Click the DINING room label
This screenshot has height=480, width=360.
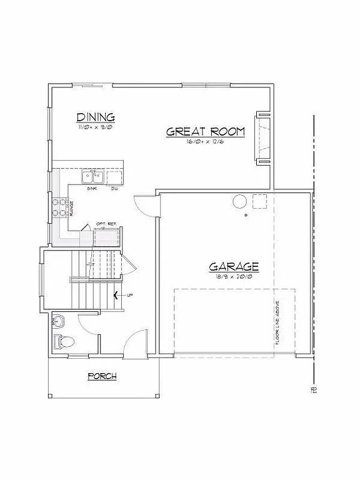coord(96,117)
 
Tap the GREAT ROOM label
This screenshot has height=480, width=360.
coord(205,132)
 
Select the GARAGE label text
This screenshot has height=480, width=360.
coord(234,267)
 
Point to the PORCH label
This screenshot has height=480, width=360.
coord(102,376)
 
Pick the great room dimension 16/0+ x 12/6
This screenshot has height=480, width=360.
coord(205,142)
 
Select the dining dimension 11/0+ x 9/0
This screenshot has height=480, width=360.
coord(96,127)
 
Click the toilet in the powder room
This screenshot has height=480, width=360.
coord(64,342)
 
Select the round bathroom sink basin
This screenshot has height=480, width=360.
coord(59,322)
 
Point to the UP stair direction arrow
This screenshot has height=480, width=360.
coord(119,295)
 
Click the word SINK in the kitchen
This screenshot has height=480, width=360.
coord(92,188)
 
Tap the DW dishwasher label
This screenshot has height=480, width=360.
coord(114,188)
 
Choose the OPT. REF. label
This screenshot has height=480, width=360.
coord(106,224)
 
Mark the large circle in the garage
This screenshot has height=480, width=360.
coord(239,201)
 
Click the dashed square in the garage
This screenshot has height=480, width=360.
coord(260,201)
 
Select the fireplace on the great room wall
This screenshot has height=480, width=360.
coord(261,138)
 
